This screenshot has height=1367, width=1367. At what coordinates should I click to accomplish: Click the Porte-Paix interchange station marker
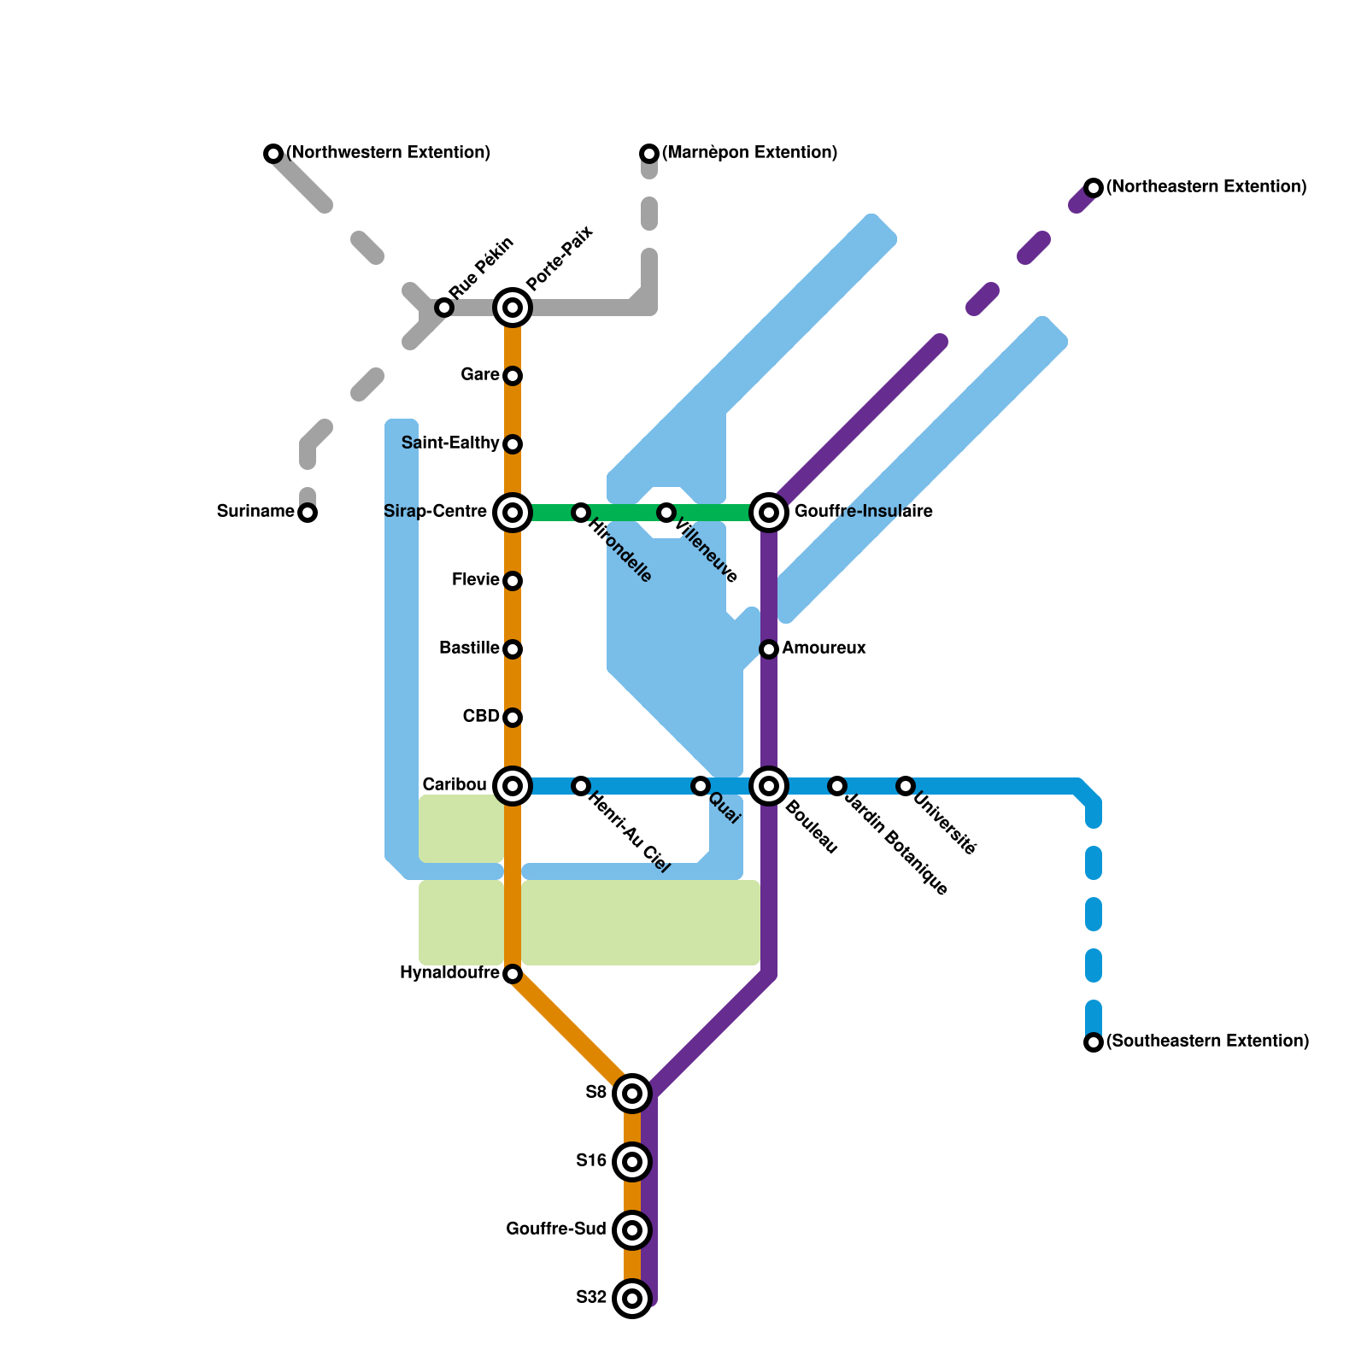(513, 308)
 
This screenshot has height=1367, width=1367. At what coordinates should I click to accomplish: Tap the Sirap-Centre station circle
(513, 513)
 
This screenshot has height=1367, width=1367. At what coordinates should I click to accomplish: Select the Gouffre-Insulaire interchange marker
(769, 513)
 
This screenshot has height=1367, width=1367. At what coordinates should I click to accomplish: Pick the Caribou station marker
(513, 786)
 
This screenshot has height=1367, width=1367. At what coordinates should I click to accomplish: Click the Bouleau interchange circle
(769, 786)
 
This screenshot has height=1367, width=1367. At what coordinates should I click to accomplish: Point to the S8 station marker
(632, 1094)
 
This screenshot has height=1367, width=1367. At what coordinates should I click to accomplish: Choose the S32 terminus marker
(632, 1299)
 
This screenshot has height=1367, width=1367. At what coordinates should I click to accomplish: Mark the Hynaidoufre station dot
(513, 974)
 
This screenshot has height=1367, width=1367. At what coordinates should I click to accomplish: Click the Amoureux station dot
(769, 649)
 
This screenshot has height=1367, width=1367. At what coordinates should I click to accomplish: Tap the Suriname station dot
(308, 513)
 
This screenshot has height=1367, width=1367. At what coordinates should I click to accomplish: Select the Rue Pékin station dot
(444, 308)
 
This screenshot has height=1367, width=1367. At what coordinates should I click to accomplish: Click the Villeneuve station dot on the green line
(666, 513)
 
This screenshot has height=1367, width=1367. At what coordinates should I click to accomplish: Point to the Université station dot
(906, 786)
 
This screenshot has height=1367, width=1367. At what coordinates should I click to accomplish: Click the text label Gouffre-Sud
(556, 1229)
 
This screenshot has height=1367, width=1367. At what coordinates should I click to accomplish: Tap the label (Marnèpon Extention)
(749, 153)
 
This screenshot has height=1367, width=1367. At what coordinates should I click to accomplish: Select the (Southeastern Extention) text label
(1207, 1041)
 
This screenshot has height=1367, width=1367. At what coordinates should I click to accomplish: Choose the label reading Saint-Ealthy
(450, 443)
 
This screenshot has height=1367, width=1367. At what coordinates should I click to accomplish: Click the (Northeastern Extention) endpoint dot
(1094, 188)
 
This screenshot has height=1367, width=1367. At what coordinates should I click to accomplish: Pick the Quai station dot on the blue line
(701, 786)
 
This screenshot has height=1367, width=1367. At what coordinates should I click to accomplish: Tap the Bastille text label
(469, 648)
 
